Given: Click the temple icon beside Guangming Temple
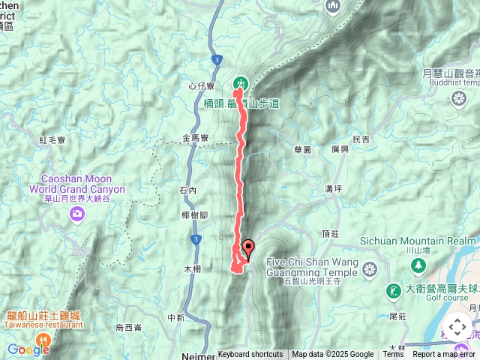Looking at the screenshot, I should [x=370, y=269].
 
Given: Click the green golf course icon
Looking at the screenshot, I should [x=393, y=290].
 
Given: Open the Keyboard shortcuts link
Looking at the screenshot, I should [x=250, y=355].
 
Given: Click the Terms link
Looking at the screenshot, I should [x=393, y=355].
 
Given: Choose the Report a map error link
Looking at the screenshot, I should [x=444, y=355].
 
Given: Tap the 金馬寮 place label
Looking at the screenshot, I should [x=196, y=139].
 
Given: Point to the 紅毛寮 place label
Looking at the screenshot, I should [x=52, y=139].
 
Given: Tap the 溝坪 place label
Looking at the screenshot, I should [x=334, y=188].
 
